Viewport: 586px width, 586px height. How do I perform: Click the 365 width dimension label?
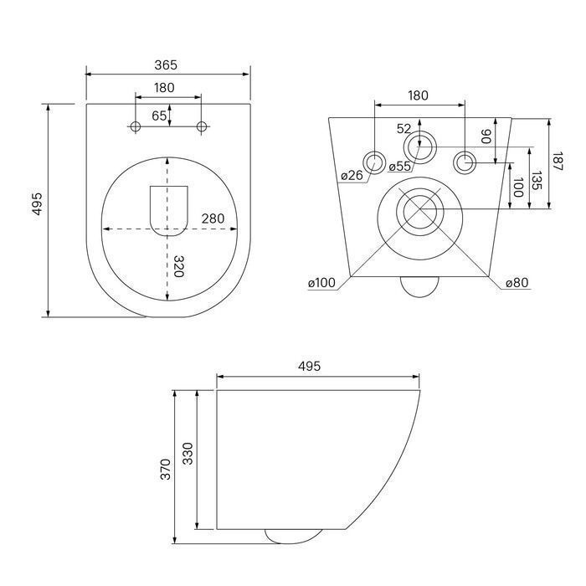pos(166,65)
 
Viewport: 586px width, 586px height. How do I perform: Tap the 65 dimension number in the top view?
pos(159,116)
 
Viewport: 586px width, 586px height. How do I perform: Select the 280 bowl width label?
pos(213,218)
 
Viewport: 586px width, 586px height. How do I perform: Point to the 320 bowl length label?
pos(179,266)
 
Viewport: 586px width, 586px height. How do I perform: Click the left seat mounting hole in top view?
pos(136,126)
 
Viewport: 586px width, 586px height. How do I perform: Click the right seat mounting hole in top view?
pos(202,126)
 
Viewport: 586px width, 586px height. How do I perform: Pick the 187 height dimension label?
pos(558,162)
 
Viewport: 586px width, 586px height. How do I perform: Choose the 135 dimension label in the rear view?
pos(537,181)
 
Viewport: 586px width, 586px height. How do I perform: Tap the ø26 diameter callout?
pos(352,175)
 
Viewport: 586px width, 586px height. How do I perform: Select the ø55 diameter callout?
pos(399,167)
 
